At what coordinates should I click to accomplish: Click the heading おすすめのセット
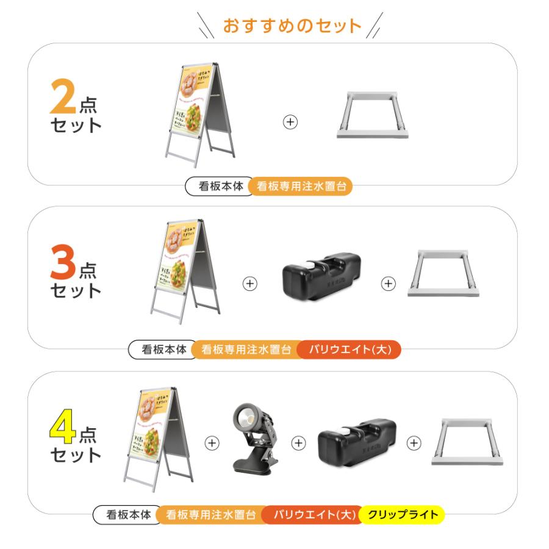click(292, 26)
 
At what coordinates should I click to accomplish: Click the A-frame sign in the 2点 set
click(199, 113)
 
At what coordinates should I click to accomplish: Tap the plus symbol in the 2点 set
click(291, 122)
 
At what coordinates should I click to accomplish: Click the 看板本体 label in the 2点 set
click(218, 187)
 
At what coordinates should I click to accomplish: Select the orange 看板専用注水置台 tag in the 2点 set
click(301, 187)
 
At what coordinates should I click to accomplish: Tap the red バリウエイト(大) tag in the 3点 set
click(350, 350)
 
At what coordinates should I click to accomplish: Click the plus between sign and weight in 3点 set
click(250, 284)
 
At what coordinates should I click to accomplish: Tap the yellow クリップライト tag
click(402, 515)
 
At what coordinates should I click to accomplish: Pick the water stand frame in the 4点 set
click(467, 442)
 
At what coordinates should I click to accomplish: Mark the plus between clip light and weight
click(298, 443)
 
